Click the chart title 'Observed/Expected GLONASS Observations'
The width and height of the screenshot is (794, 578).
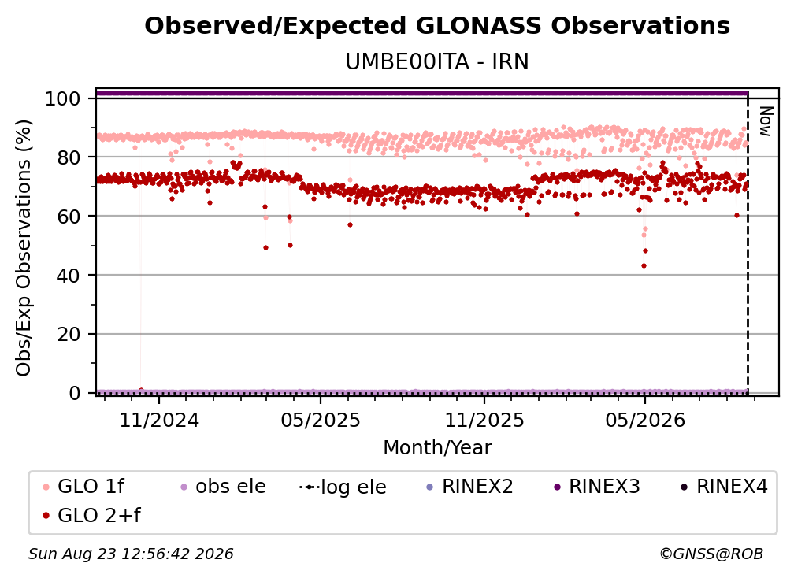(x=437, y=26)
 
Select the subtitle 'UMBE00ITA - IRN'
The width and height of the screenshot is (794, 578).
(x=437, y=61)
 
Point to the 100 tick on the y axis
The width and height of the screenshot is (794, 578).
(x=63, y=98)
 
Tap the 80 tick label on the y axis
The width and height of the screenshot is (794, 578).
(x=69, y=157)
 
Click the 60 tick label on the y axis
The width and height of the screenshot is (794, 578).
(x=69, y=217)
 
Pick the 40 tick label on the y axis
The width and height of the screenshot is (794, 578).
(x=69, y=276)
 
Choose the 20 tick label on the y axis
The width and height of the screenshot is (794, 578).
(x=69, y=335)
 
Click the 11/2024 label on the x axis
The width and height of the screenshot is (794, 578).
(x=159, y=420)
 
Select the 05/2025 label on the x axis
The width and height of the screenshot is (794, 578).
(x=321, y=420)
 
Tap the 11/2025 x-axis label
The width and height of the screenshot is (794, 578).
(x=484, y=420)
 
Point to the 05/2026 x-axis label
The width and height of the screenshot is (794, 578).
(x=645, y=420)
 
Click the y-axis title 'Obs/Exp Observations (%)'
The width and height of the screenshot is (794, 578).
(x=24, y=248)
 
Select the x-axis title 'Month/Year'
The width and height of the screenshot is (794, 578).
(x=437, y=447)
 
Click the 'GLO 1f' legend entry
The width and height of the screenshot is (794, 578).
(x=84, y=487)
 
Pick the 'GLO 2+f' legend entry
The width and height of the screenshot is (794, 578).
(x=92, y=515)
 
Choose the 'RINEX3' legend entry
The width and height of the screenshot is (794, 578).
(x=597, y=487)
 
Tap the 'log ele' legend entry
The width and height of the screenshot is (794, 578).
(x=343, y=487)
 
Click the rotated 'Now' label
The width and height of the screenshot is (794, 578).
(x=766, y=121)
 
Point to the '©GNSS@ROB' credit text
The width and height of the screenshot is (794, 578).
(x=711, y=554)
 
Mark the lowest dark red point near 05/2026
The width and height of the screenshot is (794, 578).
(x=644, y=265)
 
